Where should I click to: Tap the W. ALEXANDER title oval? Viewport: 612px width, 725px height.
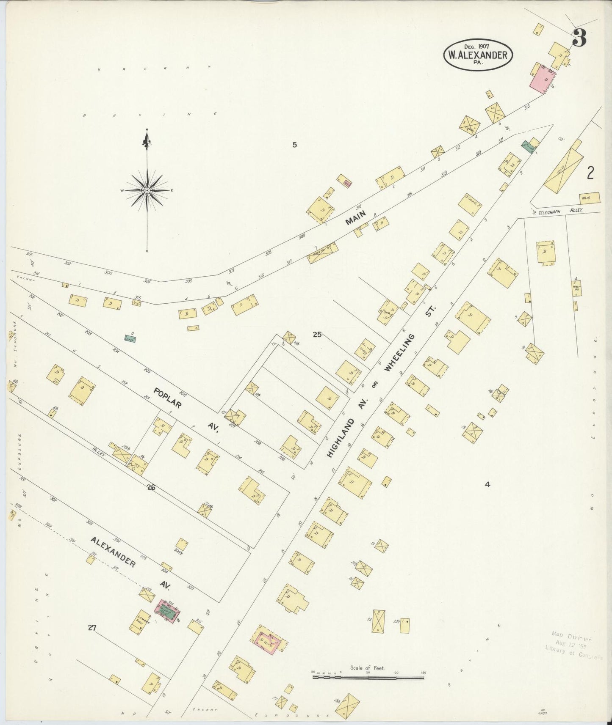(x=478, y=54)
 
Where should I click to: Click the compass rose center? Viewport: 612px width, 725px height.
(x=147, y=191)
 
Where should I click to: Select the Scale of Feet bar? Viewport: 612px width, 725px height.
(x=368, y=677)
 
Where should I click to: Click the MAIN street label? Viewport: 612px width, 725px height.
(x=355, y=218)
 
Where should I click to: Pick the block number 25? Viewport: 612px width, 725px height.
(x=317, y=335)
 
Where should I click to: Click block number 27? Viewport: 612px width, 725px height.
(x=92, y=628)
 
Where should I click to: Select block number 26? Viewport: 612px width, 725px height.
(x=151, y=488)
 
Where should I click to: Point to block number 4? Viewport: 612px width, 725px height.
(x=487, y=484)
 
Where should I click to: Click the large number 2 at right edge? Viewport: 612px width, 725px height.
(x=590, y=173)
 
